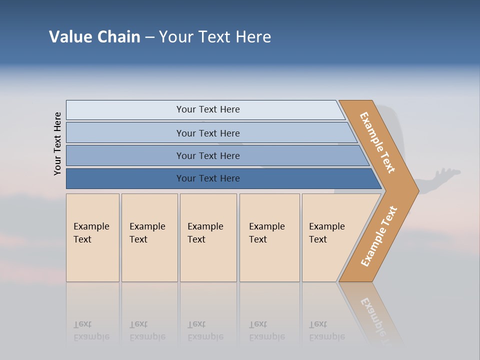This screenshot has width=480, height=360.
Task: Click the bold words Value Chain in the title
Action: tap(94, 37)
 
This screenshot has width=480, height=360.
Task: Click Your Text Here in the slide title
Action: tap(215, 37)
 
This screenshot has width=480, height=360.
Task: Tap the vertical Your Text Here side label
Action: tap(57, 143)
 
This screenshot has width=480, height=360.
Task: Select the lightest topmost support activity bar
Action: tap(125, 110)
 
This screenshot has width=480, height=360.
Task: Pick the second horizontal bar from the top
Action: tap(125, 133)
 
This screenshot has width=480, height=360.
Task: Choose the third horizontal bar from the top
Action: tap(125, 155)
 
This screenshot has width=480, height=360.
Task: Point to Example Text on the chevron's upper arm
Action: tap(377, 142)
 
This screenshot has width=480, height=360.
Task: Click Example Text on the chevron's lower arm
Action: tap(379, 236)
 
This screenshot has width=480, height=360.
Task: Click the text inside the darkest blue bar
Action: tap(208, 178)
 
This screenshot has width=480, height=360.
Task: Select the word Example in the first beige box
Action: tap(91, 226)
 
